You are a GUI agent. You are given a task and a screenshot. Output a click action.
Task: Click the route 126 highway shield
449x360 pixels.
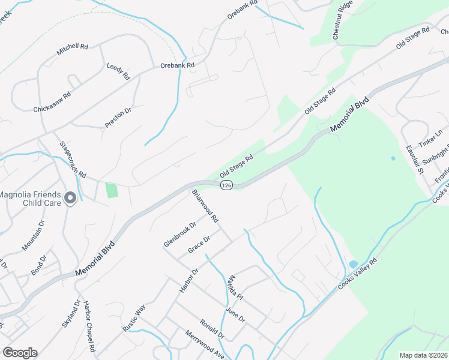226,186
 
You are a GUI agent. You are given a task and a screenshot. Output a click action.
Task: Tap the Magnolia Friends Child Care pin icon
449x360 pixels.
70,198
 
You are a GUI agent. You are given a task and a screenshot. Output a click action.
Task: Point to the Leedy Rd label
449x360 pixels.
118,71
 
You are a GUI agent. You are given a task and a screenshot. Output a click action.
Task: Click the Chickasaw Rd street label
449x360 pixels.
52,102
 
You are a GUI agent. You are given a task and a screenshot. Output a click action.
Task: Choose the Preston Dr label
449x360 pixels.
118,118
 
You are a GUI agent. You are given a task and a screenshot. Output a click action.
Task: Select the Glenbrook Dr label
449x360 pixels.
180,235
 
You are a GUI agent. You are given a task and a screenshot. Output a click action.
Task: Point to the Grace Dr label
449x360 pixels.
199,245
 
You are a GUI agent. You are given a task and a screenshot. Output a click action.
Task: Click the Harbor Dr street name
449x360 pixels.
188,280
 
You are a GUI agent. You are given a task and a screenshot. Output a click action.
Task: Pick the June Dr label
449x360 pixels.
234,315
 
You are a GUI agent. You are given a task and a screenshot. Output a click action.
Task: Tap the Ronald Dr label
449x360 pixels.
212,329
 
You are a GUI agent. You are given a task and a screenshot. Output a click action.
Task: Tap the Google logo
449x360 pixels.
20,352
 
